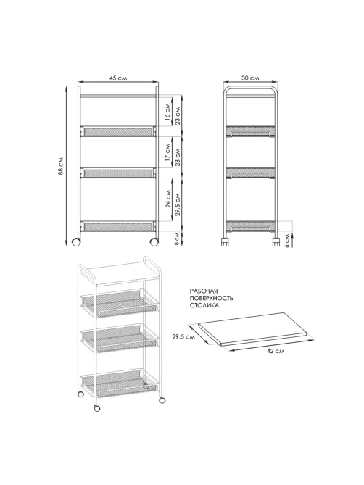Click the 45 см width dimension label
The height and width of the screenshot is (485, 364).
point(117,78)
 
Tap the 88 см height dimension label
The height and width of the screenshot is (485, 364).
point(61,166)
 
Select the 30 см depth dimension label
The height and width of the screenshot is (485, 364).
point(250,78)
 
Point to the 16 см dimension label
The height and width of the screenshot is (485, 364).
point(167,112)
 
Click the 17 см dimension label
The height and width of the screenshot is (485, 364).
point(167,152)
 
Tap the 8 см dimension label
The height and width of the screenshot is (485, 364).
point(177,239)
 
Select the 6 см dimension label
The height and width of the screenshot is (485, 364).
point(287,241)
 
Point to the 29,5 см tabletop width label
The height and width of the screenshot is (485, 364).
point(183,337)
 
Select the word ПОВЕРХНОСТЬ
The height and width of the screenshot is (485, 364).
point(212,298)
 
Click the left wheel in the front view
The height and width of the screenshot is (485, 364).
point(75,242)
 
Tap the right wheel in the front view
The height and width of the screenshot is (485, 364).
point(154,242)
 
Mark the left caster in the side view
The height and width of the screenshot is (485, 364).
point(225,241)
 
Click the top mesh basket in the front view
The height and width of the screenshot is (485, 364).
point(117,130)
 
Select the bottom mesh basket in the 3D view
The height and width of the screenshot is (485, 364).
point(120,383)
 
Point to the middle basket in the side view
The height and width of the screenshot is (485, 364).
point(250,173)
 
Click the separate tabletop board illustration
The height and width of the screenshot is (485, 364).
point(252,329)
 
